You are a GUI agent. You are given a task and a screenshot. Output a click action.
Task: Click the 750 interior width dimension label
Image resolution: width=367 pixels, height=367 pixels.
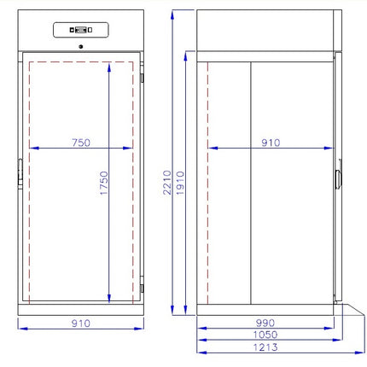(81, 143)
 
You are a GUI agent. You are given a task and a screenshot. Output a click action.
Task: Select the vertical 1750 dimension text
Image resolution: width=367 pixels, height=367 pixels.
(104, 183)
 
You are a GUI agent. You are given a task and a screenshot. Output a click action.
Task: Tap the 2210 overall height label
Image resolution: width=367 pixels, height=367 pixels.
(167, 183)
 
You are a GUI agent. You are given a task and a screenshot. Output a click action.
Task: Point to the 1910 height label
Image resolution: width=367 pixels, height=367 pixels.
(180, 183)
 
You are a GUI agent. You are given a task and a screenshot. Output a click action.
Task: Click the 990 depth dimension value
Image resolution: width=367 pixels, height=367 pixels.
(265, 323)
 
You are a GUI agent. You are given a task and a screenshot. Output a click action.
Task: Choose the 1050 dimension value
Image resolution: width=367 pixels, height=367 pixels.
(265, 335)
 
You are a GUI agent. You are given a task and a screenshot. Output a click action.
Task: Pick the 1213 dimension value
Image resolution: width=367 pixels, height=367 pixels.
(265, 347)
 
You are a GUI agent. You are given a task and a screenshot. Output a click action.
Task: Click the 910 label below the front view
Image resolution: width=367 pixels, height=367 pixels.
(81, 323)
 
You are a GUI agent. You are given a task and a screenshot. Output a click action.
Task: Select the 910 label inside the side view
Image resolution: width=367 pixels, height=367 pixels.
(271, 143)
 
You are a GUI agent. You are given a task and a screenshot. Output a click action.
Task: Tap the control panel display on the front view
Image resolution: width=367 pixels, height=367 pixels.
(81, 30)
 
